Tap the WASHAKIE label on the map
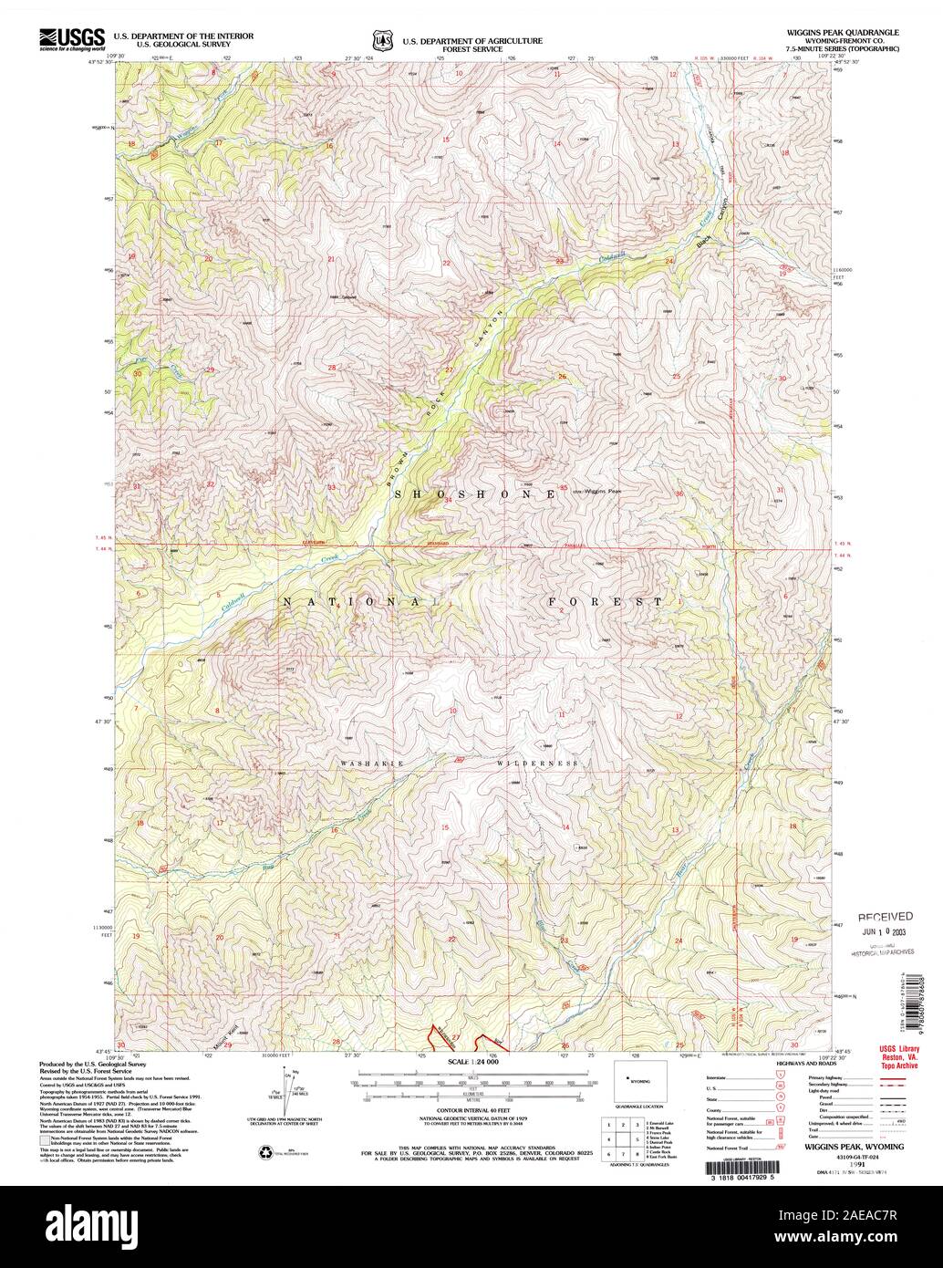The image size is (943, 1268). [x=371, y=763]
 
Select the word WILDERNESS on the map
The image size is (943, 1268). [x=538, y=763]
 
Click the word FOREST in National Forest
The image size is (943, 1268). [x=606, y=602]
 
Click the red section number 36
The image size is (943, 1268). [x=679, y=494]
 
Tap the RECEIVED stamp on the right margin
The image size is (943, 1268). [x=884, y=916]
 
